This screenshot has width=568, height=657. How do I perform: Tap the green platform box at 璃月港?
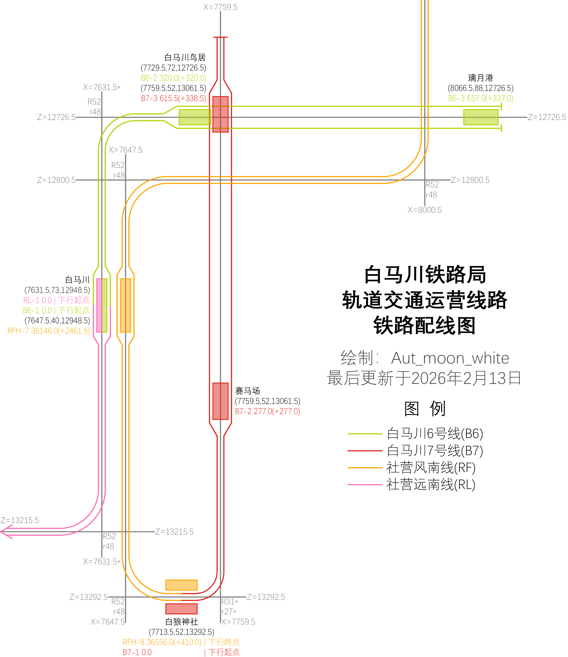click(481, 117)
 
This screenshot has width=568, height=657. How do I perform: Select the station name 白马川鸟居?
click(185, 57)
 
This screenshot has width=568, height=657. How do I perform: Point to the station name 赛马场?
click(247, 391)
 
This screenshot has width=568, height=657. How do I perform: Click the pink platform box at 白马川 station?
click(99, 305)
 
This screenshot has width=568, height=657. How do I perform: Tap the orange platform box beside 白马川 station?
click(126, 305)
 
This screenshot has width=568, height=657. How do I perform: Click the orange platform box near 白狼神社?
click(181, 585)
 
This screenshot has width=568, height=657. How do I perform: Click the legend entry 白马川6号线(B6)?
click(435, 433)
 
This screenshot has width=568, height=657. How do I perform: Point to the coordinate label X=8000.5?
click(424, 210)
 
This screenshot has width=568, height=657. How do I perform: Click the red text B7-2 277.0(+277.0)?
click(267, 411)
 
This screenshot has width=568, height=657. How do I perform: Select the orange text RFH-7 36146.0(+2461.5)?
click(49, 331)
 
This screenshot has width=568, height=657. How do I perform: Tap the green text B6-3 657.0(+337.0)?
click(481, 98)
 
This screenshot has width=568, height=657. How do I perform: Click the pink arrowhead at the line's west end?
click(6, 531)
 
